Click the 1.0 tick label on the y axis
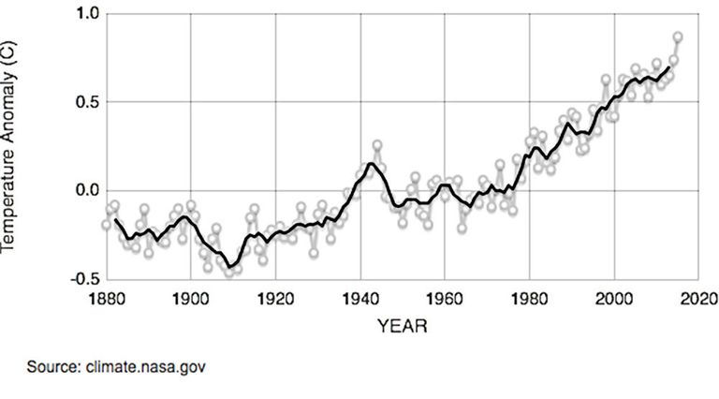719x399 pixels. (x=87, y=14)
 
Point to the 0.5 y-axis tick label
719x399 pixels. (x=87, y=102)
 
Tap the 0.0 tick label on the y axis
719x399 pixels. (x=87, y=190)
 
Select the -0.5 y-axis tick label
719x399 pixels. (x=84, y=279)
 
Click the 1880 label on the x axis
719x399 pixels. (x=107, y=299)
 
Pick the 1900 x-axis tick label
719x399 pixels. (x=191, y=299)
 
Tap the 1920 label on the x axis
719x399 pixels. (x=275, y=299)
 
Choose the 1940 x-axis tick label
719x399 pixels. (x=360, y=299)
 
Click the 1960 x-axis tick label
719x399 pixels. (x=445, y=299)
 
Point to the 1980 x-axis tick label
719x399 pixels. (x=530, y=299)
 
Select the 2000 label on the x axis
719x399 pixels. (x=614, y=299)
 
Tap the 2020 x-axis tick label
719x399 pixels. (x=699, y=299)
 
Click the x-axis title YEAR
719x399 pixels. (x=403, y=326)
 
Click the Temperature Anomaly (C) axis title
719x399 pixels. (x=7, y=146)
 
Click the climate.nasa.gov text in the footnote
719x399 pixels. (x=146, y=368)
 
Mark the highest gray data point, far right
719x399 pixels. (x=678, y=37)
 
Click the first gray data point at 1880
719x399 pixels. (x=107, y=225)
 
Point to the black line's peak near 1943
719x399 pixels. (x=371, y=163)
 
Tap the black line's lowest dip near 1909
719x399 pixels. (x=229, y=266)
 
